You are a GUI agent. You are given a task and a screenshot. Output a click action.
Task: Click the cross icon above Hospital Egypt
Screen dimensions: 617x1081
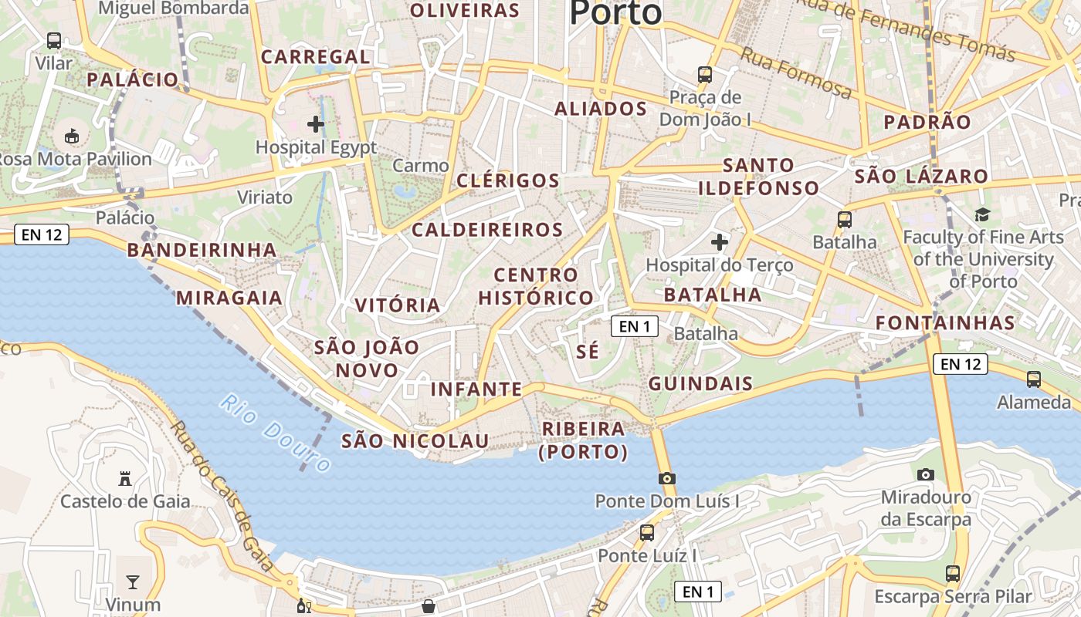[x=315, y=123]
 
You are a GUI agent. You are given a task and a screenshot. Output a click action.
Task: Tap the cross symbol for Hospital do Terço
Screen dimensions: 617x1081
[x=720, y=242]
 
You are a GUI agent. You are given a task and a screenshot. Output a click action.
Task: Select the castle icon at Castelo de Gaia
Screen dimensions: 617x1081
[x=125, y=478]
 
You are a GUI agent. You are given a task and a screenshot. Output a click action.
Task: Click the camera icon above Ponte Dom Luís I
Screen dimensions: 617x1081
[x=667, y=478]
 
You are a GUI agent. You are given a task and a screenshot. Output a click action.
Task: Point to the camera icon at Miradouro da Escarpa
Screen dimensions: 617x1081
[x=925, y=474]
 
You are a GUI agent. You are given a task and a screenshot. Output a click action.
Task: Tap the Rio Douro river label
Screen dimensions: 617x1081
[x=275, y=433]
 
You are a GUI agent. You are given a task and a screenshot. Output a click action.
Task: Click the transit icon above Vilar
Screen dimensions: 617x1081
[x=54, y=41]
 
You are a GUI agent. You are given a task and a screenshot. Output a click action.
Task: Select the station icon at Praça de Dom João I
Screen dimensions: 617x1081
[x=705, y=75]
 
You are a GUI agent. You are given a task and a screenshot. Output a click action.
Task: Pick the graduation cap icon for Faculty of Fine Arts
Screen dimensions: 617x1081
[x=982, y=214]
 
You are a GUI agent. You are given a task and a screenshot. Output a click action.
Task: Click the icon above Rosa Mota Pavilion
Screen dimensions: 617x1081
[x=72, y=137]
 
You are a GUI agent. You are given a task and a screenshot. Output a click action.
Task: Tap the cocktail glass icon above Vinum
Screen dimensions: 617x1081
[x=133, y=582]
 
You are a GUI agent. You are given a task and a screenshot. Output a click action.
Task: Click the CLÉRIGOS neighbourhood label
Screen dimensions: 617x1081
[x=507, y=180]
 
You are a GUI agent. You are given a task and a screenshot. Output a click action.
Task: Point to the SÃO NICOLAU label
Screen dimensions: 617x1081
[x=415, y=440]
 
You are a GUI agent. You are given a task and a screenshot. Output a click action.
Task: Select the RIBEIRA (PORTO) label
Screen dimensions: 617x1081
[x=584, y=440]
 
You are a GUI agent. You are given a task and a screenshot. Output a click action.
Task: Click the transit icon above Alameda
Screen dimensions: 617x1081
[x=1034, y=379]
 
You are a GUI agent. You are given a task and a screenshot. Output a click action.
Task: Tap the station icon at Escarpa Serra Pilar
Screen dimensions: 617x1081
[x=953, y=574]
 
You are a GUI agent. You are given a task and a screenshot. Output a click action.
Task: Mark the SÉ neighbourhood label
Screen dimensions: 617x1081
[x=588, y=352]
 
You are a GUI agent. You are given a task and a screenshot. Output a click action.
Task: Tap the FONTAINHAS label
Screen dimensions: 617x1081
[x=945, y=322]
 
